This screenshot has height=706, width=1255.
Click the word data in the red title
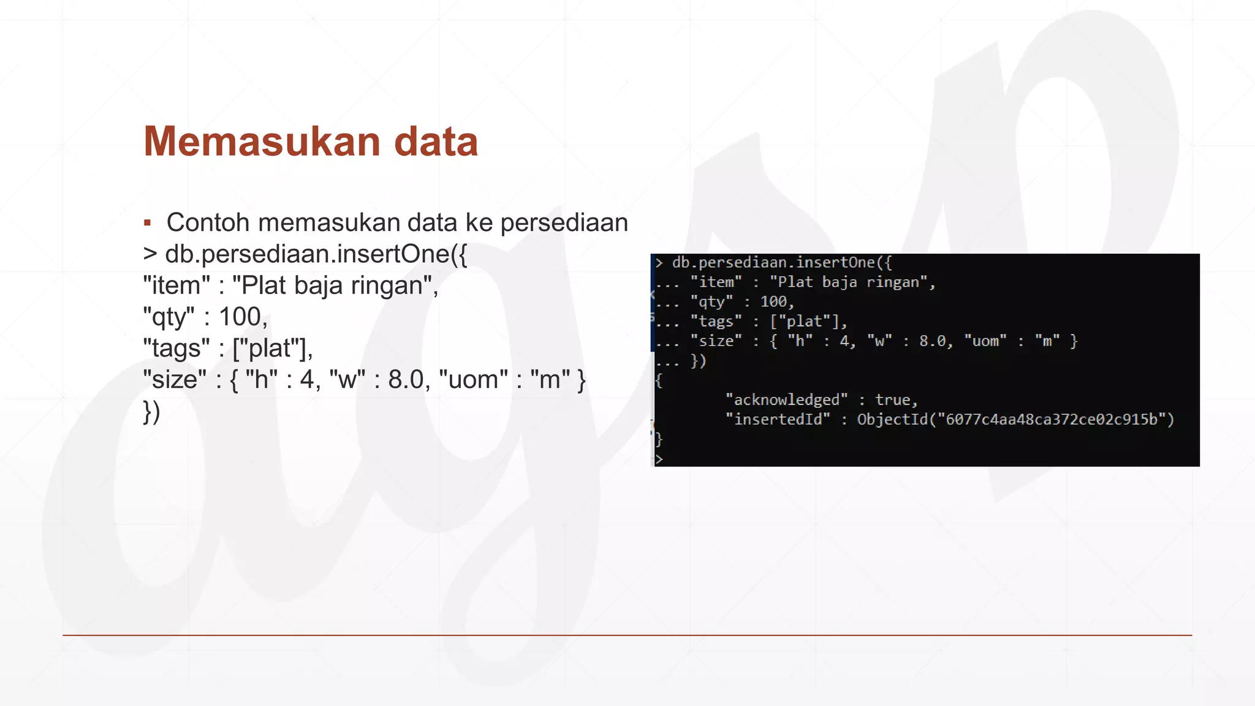[436, 142]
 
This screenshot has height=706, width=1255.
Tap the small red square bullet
[147, 222]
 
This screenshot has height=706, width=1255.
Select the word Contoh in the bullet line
[208, 222]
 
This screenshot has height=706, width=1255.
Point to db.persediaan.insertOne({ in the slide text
[316, 254]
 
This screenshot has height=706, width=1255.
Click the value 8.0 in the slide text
[406, 379]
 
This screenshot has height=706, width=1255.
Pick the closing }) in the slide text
[151, 411]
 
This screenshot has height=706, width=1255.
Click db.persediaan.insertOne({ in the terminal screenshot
[782, 263]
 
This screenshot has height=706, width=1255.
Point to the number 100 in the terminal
[773, 302]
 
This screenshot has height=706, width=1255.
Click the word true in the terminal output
[892, 400]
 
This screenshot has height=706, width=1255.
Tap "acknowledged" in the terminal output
[787, 400]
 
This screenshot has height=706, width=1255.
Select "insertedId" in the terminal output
[778, 420]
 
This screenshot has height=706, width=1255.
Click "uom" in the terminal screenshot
[985, 341]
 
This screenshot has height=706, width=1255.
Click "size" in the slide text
[175, 379]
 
